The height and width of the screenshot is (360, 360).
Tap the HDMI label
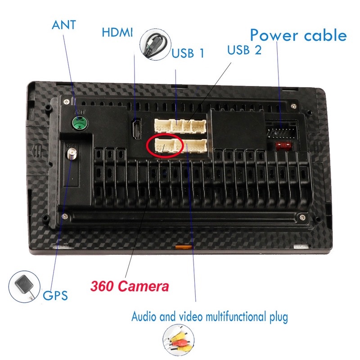click(x=118, y=33)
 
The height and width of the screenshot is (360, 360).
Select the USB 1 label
click(x=188, y=54)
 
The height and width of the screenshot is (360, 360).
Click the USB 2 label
click(x=244, y=49)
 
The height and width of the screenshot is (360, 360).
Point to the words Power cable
click(x=298, y=35)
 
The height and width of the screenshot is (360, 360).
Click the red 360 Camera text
click(x=130, y=286)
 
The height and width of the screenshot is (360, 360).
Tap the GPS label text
click(x=55, y=296)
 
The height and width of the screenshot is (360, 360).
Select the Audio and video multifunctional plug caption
click(x=209, y=317)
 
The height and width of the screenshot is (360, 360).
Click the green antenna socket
click(x=79, y=121)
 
